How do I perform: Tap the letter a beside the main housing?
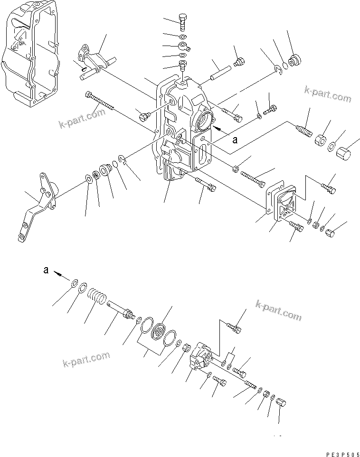coord(235,140)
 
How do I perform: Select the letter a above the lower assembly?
coord(46,270)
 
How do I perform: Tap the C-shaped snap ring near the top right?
coord(280,71)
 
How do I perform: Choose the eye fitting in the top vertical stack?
coord(183,47)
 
